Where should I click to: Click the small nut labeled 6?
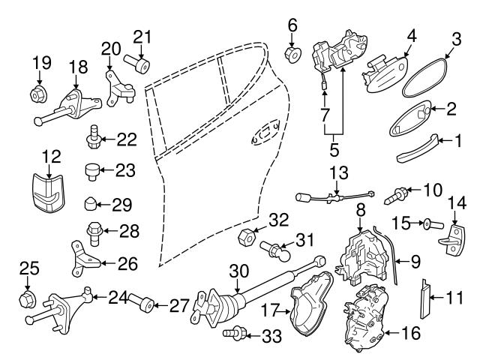click(293, 54)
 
